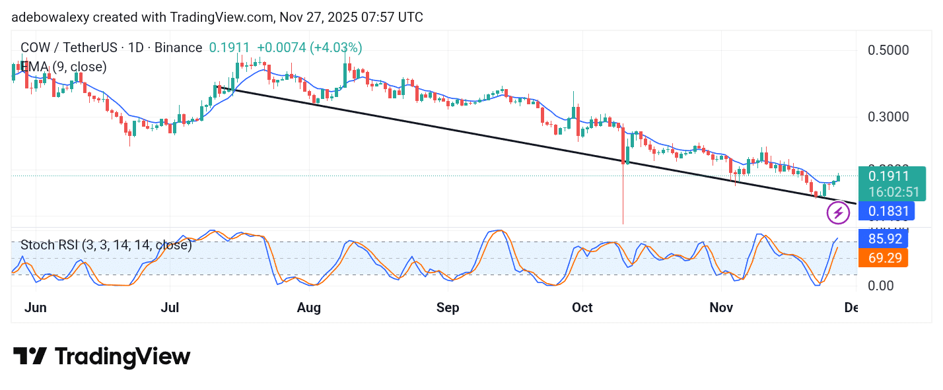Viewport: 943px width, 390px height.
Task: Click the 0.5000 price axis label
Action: point(888,50)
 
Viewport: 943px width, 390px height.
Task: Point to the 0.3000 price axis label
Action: point(888,117)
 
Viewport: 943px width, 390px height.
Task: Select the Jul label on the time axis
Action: point(170,308)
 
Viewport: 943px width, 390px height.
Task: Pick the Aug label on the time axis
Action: point(308,308)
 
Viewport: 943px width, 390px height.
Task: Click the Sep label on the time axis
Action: point(448,308)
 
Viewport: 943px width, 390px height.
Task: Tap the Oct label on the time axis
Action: point(582,308)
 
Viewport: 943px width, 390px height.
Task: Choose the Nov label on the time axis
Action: point(721,308)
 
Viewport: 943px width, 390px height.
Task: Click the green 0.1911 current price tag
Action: point(888,176)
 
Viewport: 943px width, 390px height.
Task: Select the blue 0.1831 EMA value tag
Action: point(888,212)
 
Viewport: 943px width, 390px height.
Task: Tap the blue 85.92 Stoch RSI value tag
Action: point(884,239)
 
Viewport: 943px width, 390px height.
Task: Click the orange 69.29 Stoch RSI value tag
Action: point(884,258)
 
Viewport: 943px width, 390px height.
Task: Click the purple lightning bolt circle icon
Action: point(839,212)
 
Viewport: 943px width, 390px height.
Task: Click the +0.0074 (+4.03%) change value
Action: point(309,48)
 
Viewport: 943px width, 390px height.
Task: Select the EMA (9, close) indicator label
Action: point(63,67)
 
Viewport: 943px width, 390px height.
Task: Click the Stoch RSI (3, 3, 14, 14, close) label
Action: point(106,245)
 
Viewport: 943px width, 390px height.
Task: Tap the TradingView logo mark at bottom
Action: point(30,357)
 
